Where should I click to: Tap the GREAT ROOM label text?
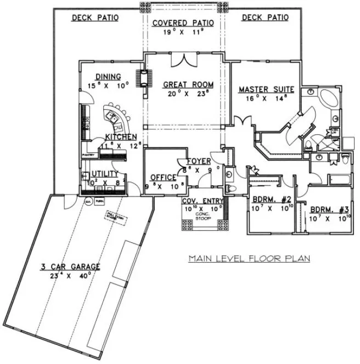188,84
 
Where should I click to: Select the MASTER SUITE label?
266,89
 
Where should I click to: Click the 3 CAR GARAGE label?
70,267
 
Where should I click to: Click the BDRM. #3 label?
325,209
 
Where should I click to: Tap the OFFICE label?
163,178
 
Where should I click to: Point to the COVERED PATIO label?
186,22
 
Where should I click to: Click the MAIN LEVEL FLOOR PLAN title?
249,257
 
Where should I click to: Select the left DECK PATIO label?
95,18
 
